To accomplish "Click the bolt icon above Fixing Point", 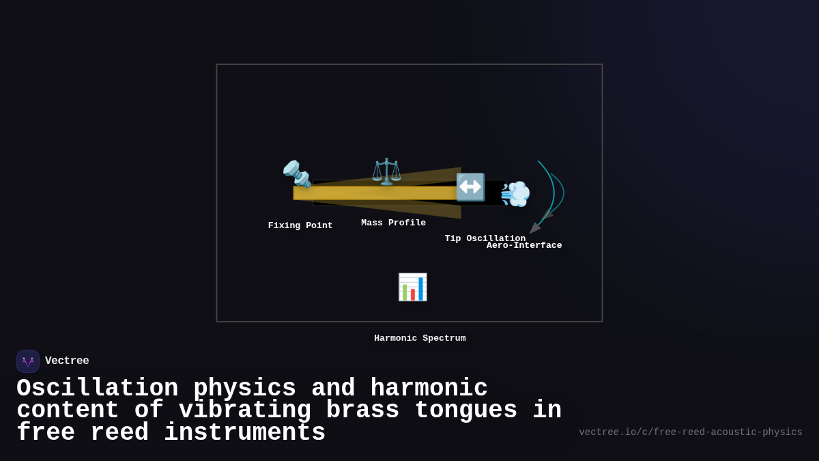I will tap(297, 173).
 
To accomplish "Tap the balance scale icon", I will tap(386, 171).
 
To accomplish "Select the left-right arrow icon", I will tap(470, 187).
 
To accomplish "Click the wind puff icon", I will tap(515, 194).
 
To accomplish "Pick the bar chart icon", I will tap(412, 287).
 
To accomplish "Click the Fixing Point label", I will tap(300, 226).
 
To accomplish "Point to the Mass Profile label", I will tap(393, 223).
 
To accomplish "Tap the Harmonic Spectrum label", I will tap(420, 339).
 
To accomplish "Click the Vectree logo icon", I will tap(28, 361).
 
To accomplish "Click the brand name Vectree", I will tap(67, 361).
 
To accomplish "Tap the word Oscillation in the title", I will tap(97, 389).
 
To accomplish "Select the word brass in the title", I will tap(362, 410).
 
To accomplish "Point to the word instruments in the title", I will tap(244, 433).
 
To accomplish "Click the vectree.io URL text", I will tap(690, 432).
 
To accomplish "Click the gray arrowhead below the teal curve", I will tap(534, 228).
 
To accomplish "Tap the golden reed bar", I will tap(375, 193).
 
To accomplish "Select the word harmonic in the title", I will tap(429, 389).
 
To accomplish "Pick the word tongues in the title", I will tap(466, 410).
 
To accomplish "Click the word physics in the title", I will tap(244, 389).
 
